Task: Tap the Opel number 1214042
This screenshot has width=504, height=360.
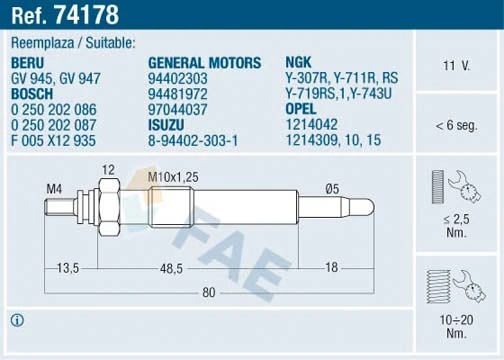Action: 312,126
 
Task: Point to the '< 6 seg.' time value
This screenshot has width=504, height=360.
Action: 456,126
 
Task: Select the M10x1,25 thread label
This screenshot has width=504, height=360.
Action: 171,177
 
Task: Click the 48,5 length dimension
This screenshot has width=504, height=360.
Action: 170,267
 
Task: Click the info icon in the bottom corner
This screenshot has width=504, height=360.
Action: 16,320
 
